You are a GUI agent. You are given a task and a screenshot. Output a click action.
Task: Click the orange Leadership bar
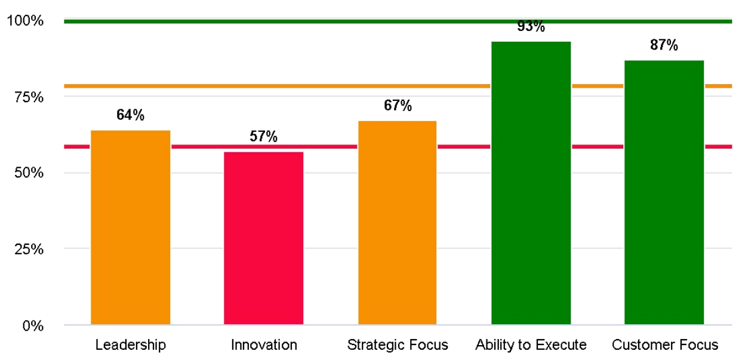130,227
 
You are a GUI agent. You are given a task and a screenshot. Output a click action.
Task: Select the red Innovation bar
263,238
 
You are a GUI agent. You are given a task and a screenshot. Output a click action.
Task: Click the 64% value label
130,115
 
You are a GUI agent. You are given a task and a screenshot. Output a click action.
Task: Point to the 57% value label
263,137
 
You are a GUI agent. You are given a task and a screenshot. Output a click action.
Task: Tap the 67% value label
397,106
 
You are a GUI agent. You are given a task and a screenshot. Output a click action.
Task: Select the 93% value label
531,27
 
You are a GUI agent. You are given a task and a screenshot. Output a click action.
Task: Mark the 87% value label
664,45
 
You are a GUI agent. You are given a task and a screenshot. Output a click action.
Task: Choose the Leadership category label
130,345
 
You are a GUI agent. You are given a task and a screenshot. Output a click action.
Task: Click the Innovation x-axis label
263,345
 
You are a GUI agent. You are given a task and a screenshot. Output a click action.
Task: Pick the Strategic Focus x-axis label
397,345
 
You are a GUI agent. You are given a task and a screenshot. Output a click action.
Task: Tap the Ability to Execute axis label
531,345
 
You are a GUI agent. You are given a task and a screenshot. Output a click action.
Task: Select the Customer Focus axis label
664,345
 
